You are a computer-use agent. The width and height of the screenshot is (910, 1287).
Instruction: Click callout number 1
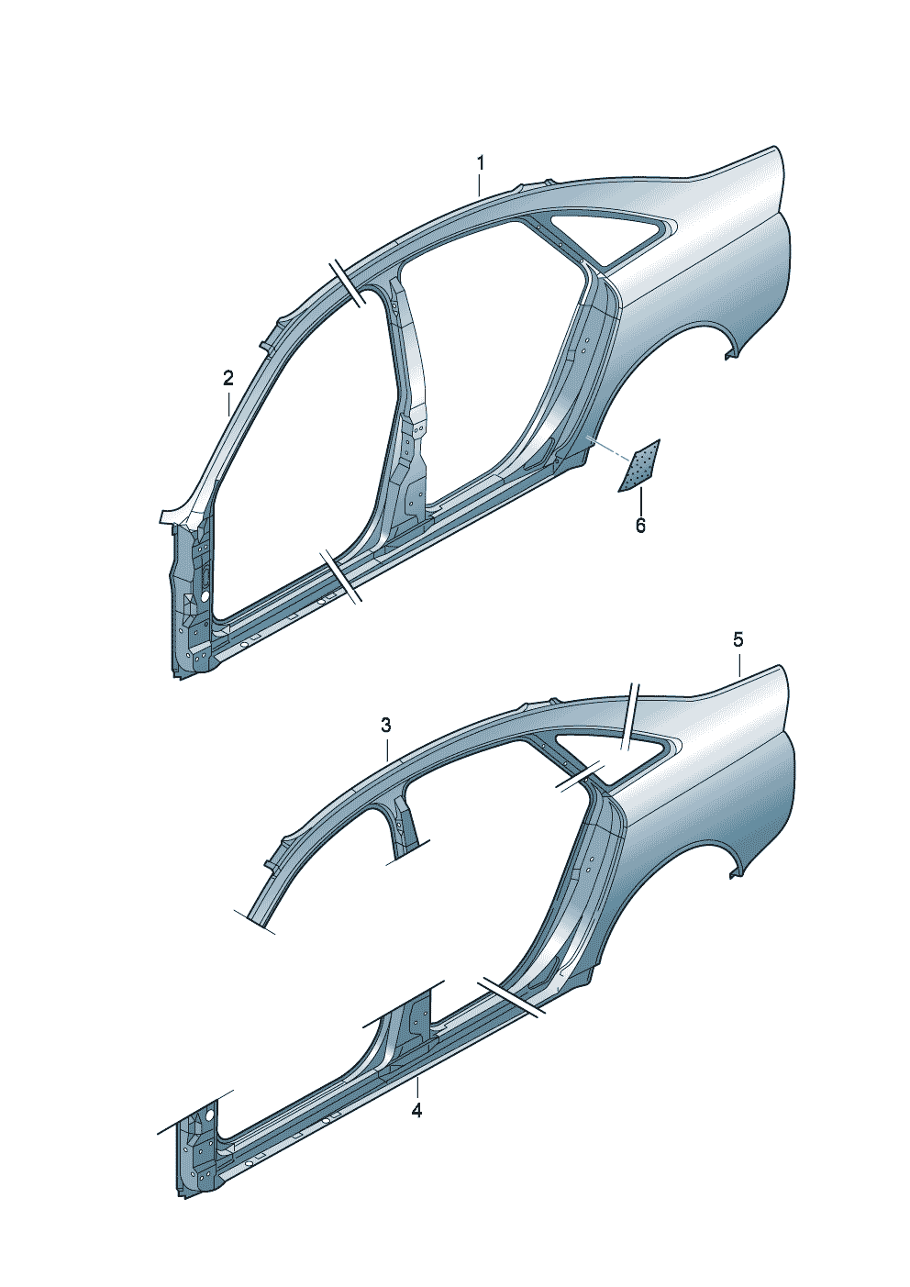(x=481, y=162)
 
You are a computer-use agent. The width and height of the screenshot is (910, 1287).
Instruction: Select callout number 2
(x=228, y=378)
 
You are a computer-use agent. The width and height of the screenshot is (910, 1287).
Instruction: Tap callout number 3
(x=386, y=725)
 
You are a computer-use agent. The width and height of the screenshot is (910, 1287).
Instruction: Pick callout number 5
(x=738, y=638)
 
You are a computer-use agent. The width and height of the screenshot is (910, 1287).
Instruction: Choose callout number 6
(x=640, y=525)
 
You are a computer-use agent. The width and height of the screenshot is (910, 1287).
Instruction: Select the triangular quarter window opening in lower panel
(x=609, y=747)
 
